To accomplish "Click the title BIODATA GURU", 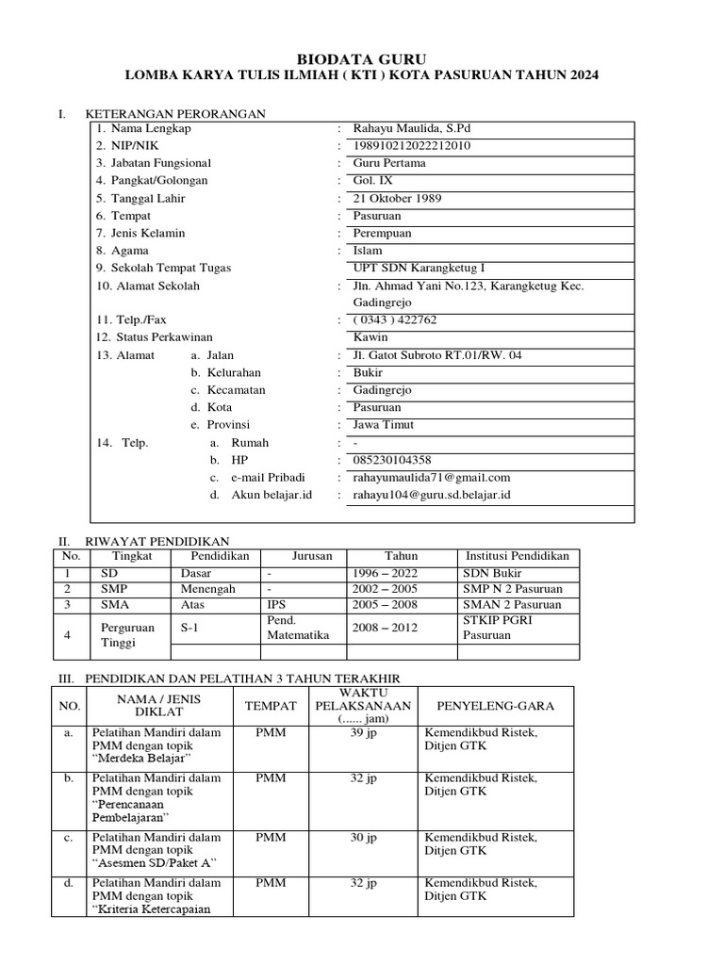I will tap(361, 57).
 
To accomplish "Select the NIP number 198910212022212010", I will tap(411, 145).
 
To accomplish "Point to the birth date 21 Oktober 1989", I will tap(397, 198).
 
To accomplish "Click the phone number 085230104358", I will tap(391, 460).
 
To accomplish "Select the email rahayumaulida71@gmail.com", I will tap(431, 478).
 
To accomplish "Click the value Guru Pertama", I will tap(388, 162).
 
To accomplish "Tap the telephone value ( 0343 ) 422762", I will tap(395, 319).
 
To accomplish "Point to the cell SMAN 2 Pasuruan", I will tap(512, 604).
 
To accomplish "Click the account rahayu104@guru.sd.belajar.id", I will tap(431, 495).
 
